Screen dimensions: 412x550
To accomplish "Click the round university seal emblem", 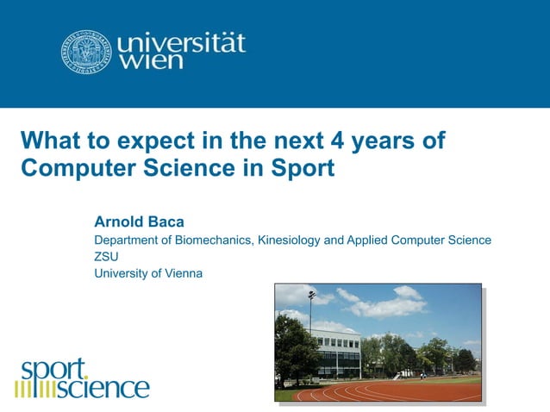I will pyautogui.click(x=87, y=53).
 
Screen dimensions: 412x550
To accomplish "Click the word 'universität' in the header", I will pyautogui.click(x=181, y=42).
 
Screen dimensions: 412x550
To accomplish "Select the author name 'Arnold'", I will pyautogui.click(x=119, y=222).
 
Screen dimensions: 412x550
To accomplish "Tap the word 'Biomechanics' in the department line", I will pyautogui.click(x=212, y=240).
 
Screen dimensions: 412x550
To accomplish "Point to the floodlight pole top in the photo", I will pyautogui.click(x=310, y=296).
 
